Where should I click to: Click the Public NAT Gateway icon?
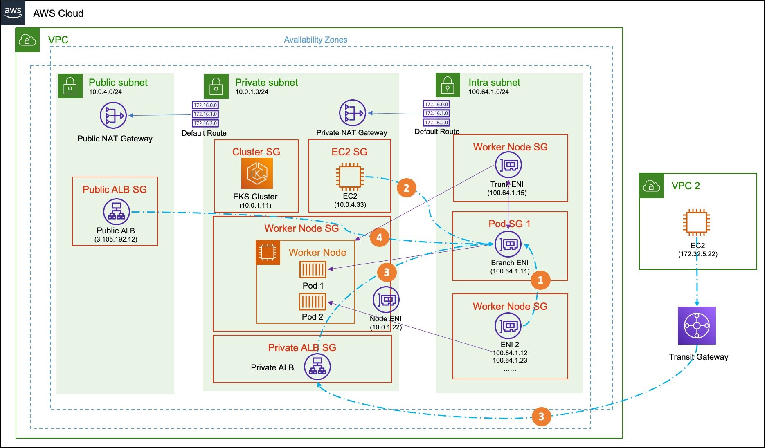point(113,116)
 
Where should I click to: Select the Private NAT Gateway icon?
point(352,113)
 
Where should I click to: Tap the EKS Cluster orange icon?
point(257,173)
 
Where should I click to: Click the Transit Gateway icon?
point(697,325)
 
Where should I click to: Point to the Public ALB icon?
point(116,212)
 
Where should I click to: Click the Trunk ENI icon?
point(509,165)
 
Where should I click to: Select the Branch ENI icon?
point(509,244)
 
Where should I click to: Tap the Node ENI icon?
point(386,300)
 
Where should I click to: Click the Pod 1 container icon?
point(313,270)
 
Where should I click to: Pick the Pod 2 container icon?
point(313,302)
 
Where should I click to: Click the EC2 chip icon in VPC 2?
point(697,222)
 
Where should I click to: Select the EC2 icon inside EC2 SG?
point(350,177)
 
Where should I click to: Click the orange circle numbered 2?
point(406,188)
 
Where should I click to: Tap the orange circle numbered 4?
point(379,237)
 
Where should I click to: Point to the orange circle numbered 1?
point(540,280)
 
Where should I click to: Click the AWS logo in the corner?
point(13,12)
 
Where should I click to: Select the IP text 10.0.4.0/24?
point(106,92)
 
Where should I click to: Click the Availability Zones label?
point(315,40)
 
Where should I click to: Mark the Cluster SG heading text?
point(256,152)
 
